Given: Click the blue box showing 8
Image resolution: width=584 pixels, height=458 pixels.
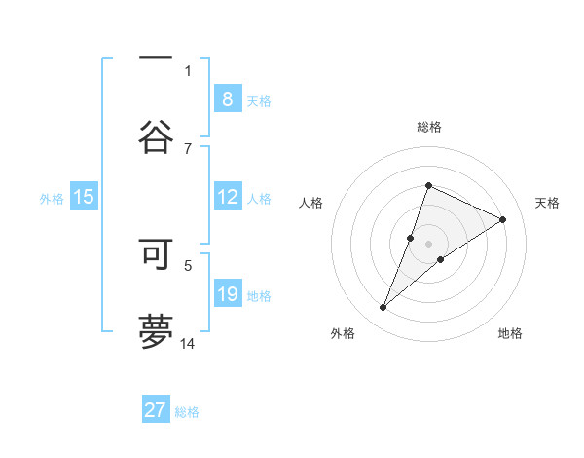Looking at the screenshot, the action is [227, 98].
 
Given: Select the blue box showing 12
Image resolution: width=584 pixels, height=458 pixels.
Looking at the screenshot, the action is [227, 197].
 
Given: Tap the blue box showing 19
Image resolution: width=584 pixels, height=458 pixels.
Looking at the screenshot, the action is [227, 294].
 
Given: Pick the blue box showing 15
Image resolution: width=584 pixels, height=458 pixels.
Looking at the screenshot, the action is [84, 197].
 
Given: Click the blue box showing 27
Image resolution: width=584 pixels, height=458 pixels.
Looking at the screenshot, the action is [156, 410].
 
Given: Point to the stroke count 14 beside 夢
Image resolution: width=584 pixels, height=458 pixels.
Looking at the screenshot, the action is [188, 343].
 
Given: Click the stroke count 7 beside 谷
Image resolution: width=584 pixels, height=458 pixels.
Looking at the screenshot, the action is [188, 148].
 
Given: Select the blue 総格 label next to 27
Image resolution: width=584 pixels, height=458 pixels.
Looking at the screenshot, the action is [187, 412].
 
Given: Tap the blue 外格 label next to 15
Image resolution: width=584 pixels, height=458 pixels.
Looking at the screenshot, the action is [52, 198].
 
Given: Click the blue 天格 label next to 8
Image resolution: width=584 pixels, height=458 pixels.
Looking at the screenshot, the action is [259, 100].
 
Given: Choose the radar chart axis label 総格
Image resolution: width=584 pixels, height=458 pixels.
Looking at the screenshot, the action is [428, 127].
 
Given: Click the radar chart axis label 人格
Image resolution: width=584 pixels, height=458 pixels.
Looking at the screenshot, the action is [311, 203].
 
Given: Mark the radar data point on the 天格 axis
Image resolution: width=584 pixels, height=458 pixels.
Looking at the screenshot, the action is [503, 219].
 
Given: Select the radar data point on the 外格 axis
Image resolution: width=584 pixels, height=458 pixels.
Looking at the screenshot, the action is [383, 308].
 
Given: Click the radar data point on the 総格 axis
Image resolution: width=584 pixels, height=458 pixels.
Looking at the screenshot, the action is [428, 185].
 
